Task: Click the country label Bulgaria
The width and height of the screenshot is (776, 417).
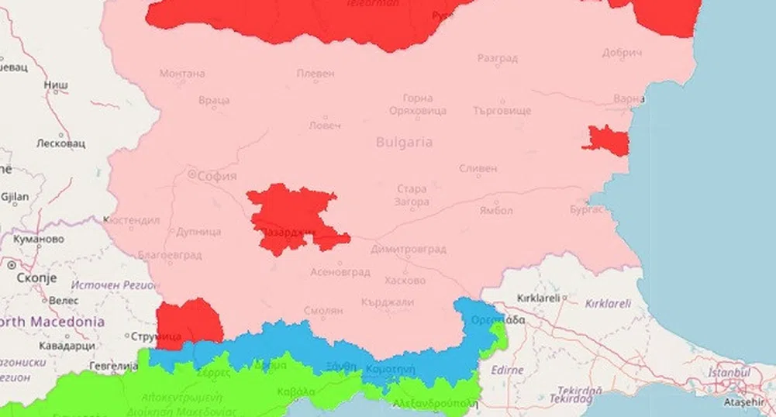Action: click(x=404, y=143)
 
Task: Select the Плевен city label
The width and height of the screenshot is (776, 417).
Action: click(x=316, y=74)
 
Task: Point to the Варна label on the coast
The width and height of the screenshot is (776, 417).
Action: click(x=628, y=99)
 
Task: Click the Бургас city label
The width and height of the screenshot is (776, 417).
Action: click(x=585, y=209)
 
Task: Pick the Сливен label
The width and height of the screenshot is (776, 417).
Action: click(x=478, y=168)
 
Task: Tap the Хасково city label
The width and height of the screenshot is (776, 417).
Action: click(x=405, y=280)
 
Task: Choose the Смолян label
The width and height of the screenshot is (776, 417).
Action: click(x=323, y=310)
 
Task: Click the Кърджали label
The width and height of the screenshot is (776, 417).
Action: click(x=388, y=302)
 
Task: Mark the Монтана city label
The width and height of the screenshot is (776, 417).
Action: click(x=182, y=74)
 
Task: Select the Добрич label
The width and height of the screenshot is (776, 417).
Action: click(x=623, y=53)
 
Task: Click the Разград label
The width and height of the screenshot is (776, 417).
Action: click(x=497, y=57)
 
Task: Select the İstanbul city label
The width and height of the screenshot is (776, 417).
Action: click(x=729, y=373)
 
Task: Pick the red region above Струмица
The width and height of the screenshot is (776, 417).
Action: click(x=188, y=318)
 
